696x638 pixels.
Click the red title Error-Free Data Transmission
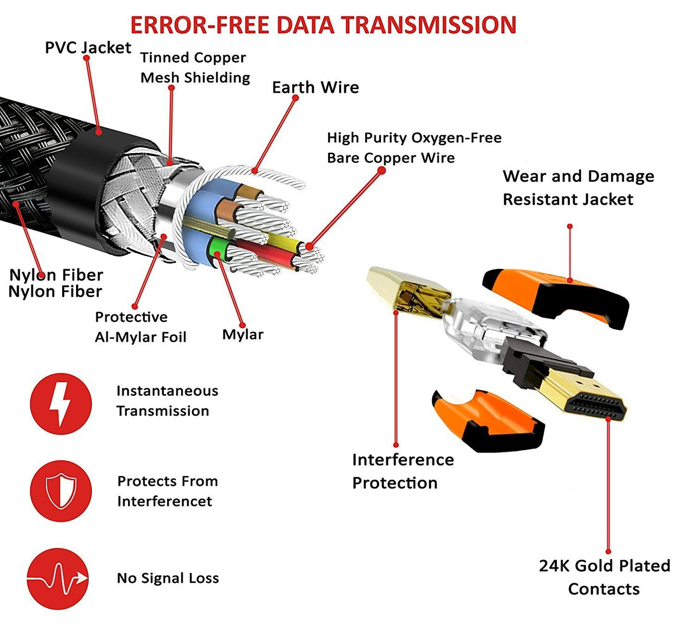coord(323,25)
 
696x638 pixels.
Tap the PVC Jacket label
coord(88,48)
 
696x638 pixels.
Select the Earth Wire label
coord(315,88)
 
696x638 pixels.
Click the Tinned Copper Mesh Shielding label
coord(195,67)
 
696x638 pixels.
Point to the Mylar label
coord(243,335)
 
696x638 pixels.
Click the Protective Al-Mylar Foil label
coord(140,327)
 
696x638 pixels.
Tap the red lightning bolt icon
coord(61,404)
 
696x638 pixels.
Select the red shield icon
coord(61,491)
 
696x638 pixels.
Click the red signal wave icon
coord(58,578)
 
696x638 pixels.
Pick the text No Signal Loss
coord(168,578)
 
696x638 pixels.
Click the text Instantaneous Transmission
coord(167,401)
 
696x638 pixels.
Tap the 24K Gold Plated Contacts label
coord(604,577)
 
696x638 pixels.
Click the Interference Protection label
coord(402,471)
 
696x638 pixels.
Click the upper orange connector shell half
coord(559,294)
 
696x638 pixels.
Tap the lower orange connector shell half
coord(486,421)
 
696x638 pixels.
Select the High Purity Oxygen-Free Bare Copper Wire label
coord(414,148)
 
